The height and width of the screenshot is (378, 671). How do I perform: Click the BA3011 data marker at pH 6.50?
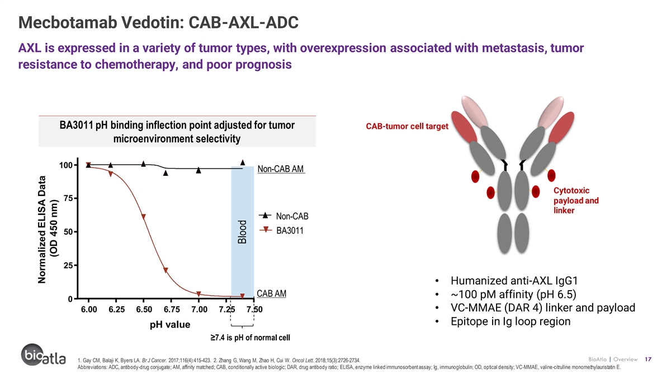click(x=143, y=216)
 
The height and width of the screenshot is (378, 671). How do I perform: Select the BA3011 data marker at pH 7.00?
click(x=199, y=293)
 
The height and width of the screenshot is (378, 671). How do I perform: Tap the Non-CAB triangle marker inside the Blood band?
click(x=243, y=162)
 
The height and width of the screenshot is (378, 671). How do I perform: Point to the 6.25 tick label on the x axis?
click(x=116, y=309)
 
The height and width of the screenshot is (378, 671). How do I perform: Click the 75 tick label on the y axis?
click(x=68, y=198)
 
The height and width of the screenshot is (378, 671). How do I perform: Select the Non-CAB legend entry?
click(x=283, y=216)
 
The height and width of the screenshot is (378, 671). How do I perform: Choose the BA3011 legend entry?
click(x=281, y=230)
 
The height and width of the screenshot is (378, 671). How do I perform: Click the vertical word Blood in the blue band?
click(x=242, y=232)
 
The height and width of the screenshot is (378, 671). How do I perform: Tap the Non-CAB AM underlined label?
click(x=281, y=169)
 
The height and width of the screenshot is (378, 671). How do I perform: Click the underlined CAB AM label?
click(x=271, y=293)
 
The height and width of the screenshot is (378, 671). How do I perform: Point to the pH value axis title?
click(x=170, y=325)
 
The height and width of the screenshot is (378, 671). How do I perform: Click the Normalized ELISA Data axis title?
click(x=48, y=230)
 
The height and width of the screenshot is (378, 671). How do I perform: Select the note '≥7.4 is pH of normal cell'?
click(x=250, y=338)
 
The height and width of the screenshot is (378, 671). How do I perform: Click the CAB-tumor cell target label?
click(x=407, y=127)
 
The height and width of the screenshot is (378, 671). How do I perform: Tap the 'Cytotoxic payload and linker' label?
click(x=576, y=200)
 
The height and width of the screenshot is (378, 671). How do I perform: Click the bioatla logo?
click(x=44, y=355)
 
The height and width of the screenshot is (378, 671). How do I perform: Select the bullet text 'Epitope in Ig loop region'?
click(x=511, y=321)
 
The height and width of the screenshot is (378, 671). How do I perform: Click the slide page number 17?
click(x=648, y=359)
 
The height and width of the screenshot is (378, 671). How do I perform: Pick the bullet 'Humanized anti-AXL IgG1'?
click(x=514, y=281)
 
